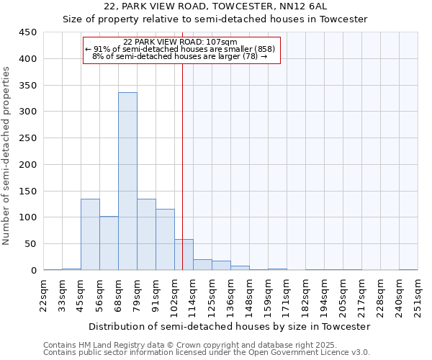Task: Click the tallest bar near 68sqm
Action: (127, 181)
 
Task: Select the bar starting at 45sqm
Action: (90, 235)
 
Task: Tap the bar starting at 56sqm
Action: (109, 243)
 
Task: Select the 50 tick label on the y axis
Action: (31, 244)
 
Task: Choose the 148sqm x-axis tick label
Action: (250, 295)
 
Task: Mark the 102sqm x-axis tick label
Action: (175, 295)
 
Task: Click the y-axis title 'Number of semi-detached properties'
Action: (6, 156)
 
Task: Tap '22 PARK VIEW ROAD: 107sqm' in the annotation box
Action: (180, 42)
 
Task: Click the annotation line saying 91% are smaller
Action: (180, 49)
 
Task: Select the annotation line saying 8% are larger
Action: (180, 56)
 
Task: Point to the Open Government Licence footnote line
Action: (207, 353)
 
